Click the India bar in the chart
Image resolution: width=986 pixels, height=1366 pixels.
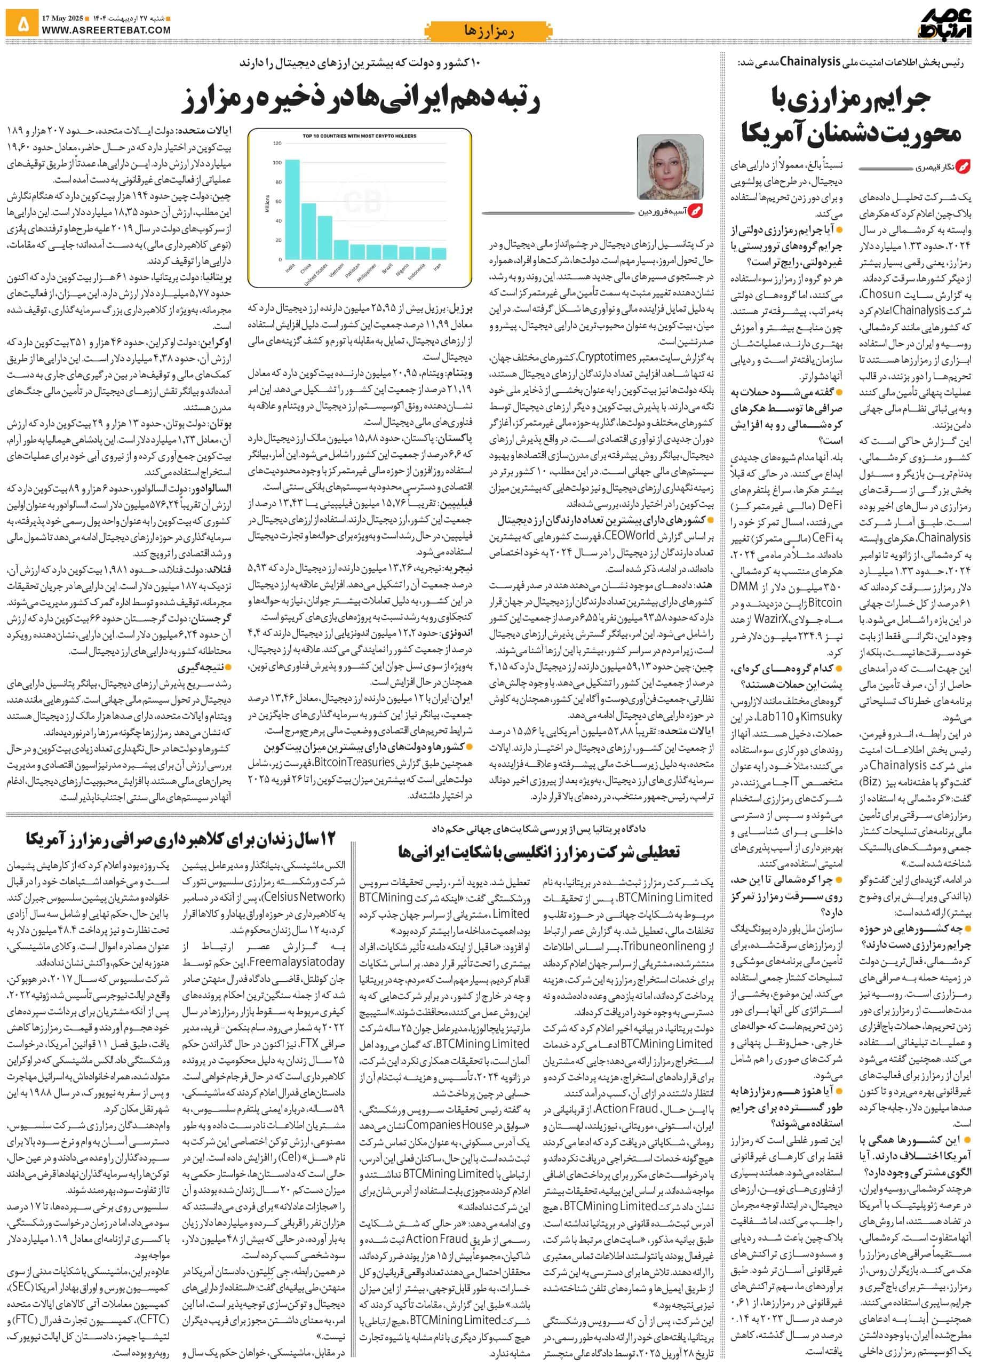tap(292, 209)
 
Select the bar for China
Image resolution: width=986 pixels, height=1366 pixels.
tap(308, 231)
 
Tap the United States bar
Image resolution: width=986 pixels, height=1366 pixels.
tap(324, 237)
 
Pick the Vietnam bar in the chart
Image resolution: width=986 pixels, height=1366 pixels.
tap(341, 249)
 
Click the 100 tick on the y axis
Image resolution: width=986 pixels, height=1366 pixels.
tap(277, 163)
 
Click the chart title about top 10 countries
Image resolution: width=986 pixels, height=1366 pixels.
tap(359, 136)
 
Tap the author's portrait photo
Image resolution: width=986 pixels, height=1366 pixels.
tap(670, 168)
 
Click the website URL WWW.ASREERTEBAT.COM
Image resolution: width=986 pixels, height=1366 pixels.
tap(106, 29)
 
